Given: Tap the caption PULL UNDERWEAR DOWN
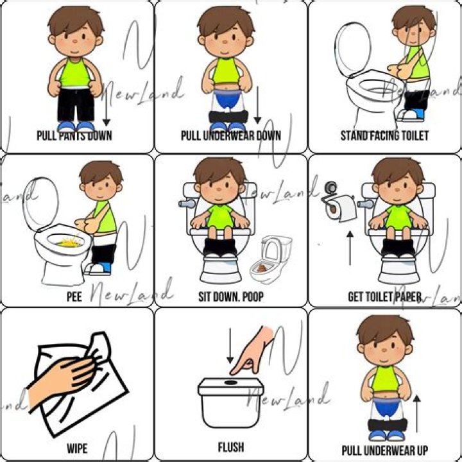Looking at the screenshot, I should (x=230, y=135).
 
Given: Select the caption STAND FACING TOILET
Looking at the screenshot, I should (x=384, y=135).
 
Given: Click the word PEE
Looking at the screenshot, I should (x=74, y=297).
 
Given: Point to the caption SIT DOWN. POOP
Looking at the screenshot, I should (x=230, y=297).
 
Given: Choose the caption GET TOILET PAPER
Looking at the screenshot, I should (x=384, y=297).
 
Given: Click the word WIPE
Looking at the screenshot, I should (x=77, y=448).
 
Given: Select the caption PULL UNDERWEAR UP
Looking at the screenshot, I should (x=384, y=450).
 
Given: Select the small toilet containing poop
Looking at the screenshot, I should (x=273, y=260).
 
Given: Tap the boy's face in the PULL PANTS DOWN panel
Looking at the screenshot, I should (x=76, y=40).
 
